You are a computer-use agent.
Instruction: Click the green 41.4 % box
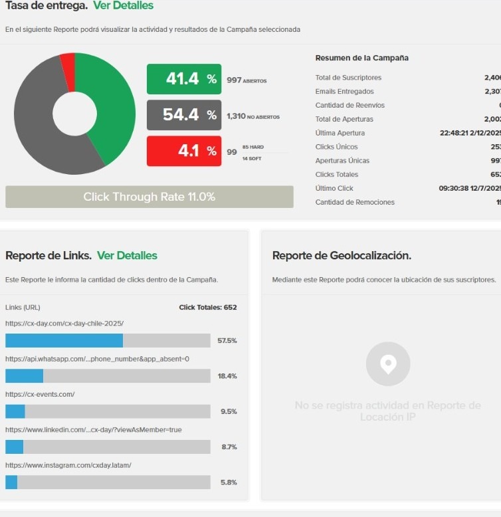184,79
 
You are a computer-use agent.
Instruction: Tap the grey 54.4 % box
184,115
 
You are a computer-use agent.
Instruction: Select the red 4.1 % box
184,151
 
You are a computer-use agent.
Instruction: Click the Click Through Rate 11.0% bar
149,197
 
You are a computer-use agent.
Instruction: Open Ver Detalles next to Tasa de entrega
123,6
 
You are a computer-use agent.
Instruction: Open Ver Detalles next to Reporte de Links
127,256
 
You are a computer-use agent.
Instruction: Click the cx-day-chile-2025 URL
64,324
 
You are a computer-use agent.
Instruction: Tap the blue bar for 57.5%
64,340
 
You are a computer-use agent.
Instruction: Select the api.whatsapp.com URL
97,359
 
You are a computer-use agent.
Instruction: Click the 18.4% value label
227,376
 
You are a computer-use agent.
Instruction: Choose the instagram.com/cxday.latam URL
68,465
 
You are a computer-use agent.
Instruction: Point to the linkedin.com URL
93,430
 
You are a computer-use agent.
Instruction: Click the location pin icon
388,363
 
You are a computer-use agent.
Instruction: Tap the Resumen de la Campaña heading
361,58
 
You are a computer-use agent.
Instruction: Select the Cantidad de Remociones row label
355,202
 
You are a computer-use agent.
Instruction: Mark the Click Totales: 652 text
208,308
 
